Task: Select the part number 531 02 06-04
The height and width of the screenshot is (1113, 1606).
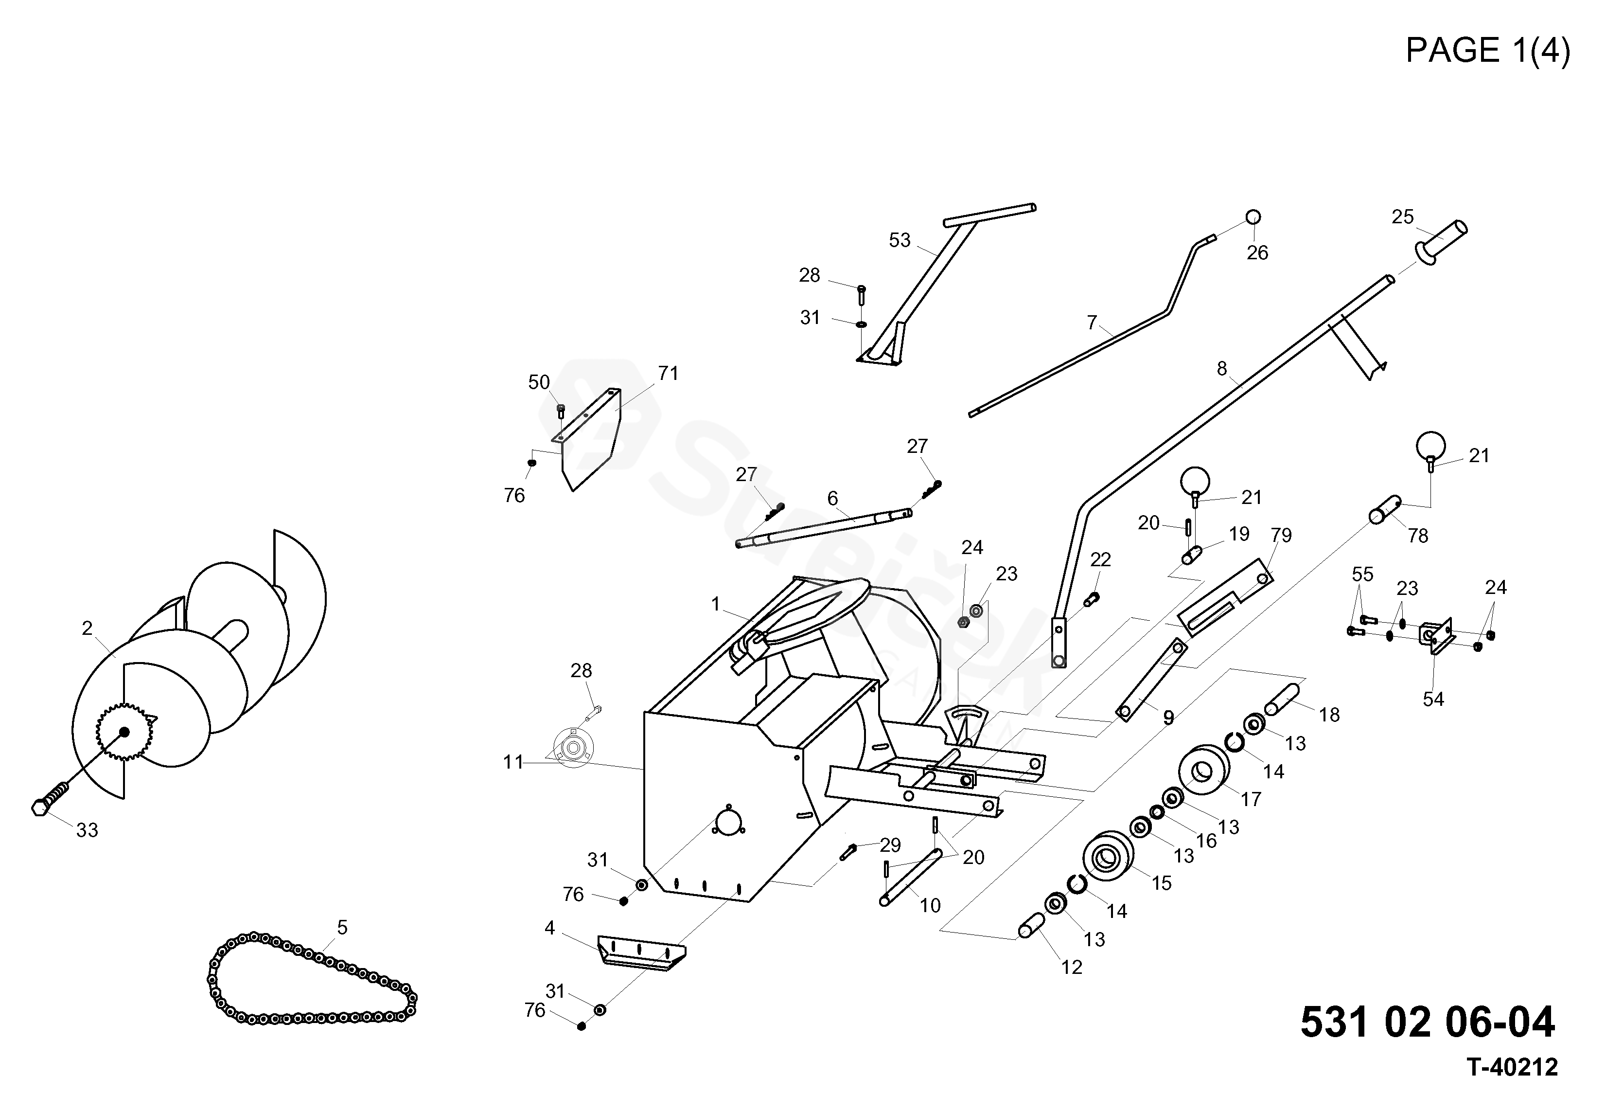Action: point(1428,1022)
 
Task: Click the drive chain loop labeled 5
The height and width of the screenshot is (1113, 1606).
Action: point(312,978)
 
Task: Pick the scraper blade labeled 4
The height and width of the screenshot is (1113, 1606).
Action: point(641,952)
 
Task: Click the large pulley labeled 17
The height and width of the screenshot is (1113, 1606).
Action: point(1204,769)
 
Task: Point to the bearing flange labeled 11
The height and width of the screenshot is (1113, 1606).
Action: point(572,748)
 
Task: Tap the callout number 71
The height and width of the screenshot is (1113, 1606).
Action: point(668,374)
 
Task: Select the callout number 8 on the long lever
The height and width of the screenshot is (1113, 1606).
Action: point(1221,369)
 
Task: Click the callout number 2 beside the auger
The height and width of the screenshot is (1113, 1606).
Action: point(87,628)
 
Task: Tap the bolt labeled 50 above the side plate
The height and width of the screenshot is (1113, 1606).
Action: point(561,410)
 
